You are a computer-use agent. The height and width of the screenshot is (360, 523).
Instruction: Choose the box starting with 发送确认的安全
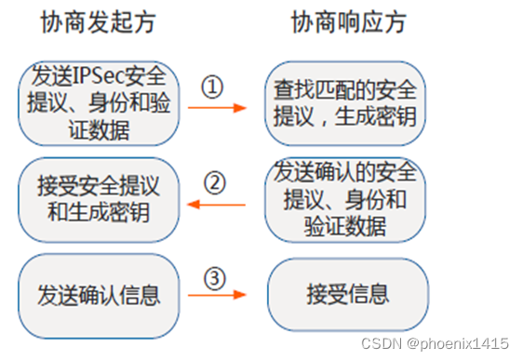pyautogui.click(x=346, y=199)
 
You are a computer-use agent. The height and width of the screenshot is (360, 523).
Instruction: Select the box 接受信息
pyautogui.click(x=347, y=296)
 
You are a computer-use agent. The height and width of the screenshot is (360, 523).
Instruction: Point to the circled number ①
pyautogui.click(x=214, y=87)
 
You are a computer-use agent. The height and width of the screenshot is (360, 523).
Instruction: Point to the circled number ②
pyautogui.click(x=214, y=182)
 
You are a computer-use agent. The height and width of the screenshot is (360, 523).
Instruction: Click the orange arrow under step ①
pyautogui.click(x=217, y=108)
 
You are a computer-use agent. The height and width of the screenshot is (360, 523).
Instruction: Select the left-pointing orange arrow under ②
pyautogui.click(x=217, y=204)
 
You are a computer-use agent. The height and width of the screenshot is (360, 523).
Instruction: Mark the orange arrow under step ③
pyautogui.click(x=217, y=296)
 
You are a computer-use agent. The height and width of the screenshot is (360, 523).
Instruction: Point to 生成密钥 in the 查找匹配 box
pyautogui.click(x=382, y=115)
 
